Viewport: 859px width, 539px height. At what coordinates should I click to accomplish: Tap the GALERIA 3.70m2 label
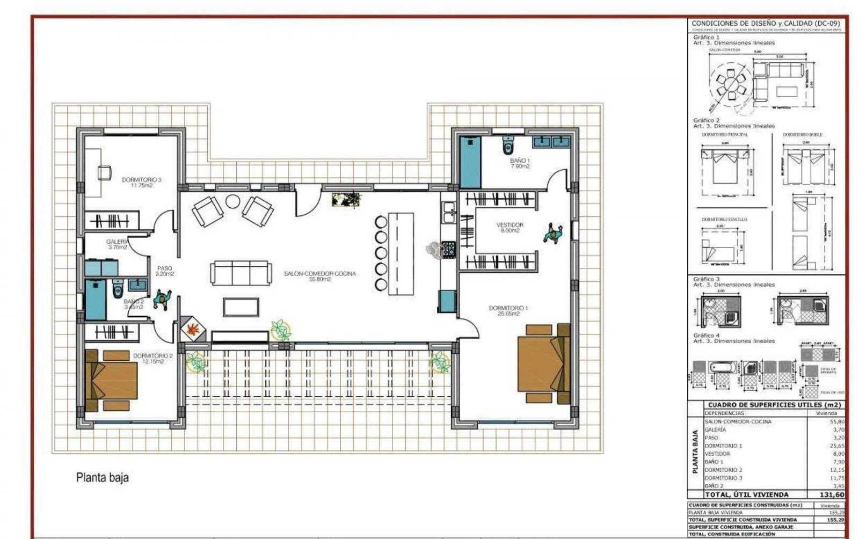click(117, 245)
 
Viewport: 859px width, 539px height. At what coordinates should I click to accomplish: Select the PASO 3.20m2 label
click(164, 271)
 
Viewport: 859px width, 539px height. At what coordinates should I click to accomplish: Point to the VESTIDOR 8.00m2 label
click(509, 228)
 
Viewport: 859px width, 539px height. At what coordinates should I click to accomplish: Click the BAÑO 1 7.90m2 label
click(520, 163)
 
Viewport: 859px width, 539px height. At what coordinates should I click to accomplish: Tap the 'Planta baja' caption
click(102, 477)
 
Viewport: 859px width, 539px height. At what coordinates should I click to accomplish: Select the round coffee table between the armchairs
click(232, 201)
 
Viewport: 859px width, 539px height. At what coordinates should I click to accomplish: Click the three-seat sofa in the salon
click(240, 273)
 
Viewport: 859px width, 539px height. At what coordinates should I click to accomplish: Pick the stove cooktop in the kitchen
click(448, 250)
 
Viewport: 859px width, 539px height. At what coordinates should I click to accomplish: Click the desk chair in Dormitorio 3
click(104, 172)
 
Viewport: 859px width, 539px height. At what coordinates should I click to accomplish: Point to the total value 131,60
click(832, 494)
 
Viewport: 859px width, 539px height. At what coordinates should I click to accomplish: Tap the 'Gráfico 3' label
click(706, 279)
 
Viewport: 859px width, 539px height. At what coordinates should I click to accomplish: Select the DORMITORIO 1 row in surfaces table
click(724, 446)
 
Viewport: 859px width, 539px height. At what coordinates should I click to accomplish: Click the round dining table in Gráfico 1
click(730, 85)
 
